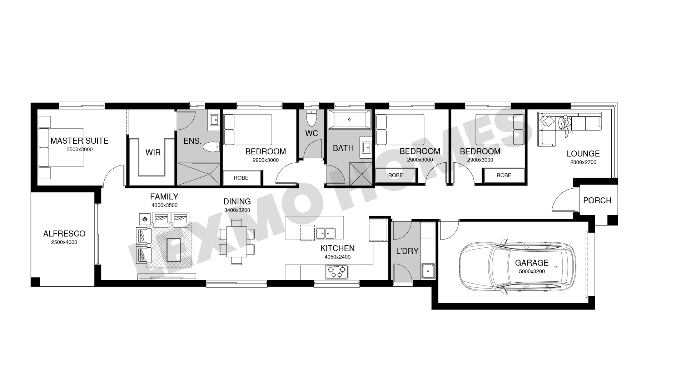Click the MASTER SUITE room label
(x=79, y=141)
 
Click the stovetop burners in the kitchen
(x=337, y=272)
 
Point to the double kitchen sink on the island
(x=325, y=233)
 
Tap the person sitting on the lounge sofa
(x=565, y=126)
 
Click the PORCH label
(x=597, y=201)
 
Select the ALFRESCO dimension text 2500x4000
(x=64, y=242)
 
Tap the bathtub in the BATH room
(x=349, y=119)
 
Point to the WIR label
(x=153, y=153)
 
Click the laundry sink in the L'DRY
(x=428, y=271)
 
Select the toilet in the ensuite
(x=211, y=147)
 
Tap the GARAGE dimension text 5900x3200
(x=532, y=272)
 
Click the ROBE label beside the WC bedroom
(x=241, y=178)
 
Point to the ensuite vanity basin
(x=215, y=120)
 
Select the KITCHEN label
(x=337, y=248)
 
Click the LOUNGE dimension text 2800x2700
(x=583, y=162)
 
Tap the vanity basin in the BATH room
(x=367, y=147)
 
